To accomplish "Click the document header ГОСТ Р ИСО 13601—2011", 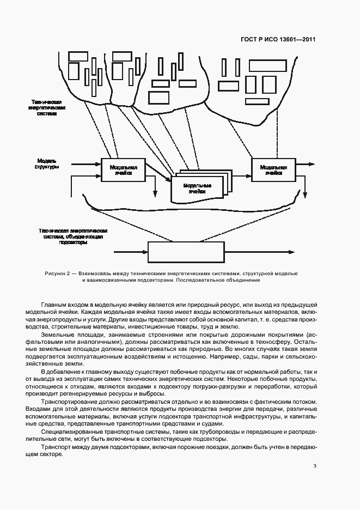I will click(x=278, y=39).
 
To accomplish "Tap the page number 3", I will click(x=315, y=465).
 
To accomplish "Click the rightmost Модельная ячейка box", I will click(x=273, y=169).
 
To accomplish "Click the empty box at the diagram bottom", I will click(x=186, y=253).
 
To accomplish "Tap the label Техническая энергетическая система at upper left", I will click(x=50, y=108).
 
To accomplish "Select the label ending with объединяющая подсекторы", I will click(x=73, y=236).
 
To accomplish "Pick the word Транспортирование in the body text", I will click(x=69, y=401).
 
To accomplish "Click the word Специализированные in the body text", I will click(x=70, y=432).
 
